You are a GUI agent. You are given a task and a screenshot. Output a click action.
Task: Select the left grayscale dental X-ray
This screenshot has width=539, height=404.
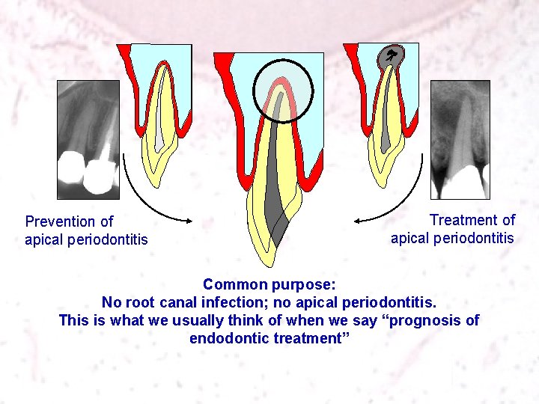(88, 138)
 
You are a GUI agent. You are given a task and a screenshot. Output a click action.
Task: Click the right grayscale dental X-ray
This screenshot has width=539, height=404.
(460, 138)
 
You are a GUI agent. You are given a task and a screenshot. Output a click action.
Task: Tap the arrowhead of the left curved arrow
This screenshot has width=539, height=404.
(191, 219)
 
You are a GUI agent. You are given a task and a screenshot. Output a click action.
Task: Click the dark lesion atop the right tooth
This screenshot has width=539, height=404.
(392, 57)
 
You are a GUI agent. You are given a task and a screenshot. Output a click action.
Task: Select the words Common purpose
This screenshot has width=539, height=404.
(269, 285)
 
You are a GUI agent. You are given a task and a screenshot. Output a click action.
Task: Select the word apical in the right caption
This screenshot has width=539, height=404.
(411, 239)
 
